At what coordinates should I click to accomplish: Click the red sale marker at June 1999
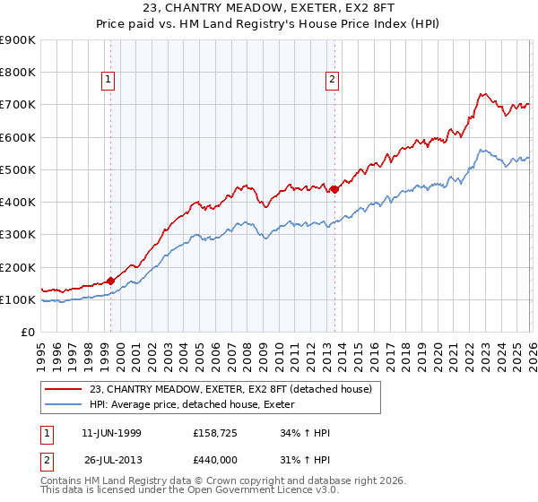click(110, 281)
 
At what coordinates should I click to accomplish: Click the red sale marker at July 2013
click(334, 189)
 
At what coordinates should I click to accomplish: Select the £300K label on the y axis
click(18, 235)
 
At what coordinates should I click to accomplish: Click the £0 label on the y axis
click(27, 333)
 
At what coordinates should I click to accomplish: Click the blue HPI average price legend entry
click(197, 404)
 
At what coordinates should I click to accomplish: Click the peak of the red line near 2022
click(482, 93)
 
